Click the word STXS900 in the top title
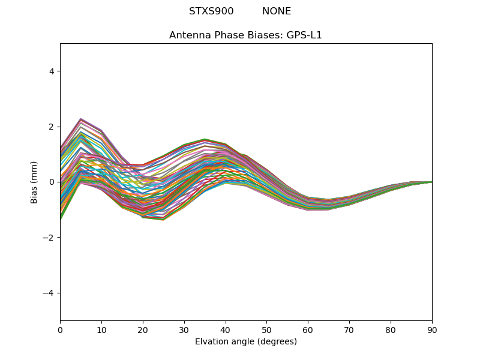coord(211,11)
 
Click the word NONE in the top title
coord(277,11)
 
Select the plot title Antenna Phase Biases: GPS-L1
coord(245,35)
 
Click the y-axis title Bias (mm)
coord(35,182)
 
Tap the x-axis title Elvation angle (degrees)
coord(245,342)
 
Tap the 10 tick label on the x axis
coord(101,330)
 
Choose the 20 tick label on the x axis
coord(143,330)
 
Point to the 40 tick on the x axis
coord(226,330)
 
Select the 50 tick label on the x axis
coord(266,330)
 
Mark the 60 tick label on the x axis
coord(308,330)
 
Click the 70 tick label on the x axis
coord(349,330)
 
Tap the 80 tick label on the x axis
coord(391,330)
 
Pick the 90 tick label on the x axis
coord(432,330)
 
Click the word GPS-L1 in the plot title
coord(305,35)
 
